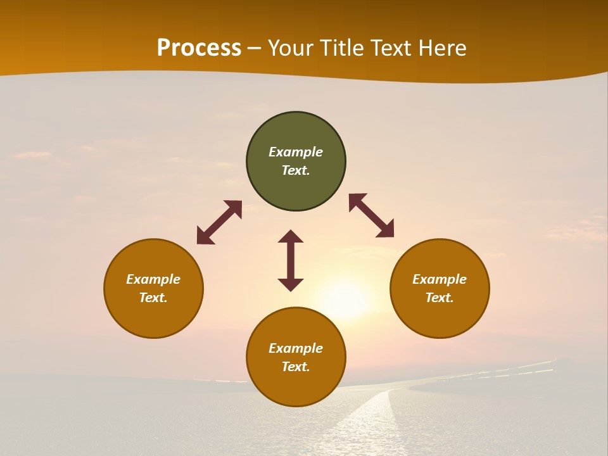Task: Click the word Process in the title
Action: tap(199, 48)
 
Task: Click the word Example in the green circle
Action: tap(296, 152)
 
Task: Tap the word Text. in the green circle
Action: tap(296, 170)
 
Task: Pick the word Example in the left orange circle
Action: tap(153, 279)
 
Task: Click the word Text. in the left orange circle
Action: tap(153, 298)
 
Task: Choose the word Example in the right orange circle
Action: tap(440, 279)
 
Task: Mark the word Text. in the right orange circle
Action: tap(440, 298)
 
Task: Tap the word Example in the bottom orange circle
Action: tap(296, 348)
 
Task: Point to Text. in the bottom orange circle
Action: tap(296, 367)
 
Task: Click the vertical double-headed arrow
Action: tap(291, 260)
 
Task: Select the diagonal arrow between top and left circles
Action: tap(219, 222)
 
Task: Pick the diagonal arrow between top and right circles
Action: tap(371, 215)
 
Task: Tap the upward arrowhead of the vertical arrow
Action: tap(291, 236)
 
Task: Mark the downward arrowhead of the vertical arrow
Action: tap(291, 284)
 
